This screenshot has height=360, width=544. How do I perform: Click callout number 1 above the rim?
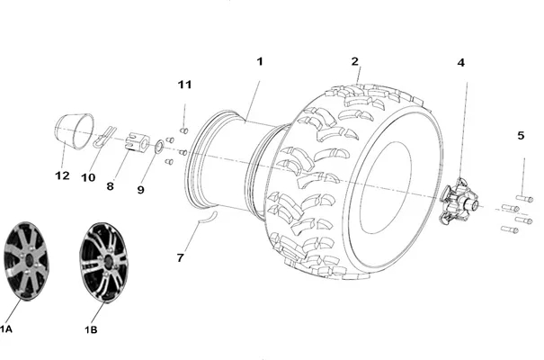point(260,62)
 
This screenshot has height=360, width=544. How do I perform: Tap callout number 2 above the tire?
point(354,61)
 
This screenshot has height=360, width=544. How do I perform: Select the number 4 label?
point(460,63)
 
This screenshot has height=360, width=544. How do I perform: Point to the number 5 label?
point(521,135)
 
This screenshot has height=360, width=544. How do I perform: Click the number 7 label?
point(180,257)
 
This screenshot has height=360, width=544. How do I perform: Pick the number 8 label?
point(110,186)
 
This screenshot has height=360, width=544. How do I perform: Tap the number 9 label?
point(140,190)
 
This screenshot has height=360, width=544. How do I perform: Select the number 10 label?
point(88,177)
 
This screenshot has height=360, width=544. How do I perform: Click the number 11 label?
point(184,85)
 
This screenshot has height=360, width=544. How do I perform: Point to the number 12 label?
point(62,175)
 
